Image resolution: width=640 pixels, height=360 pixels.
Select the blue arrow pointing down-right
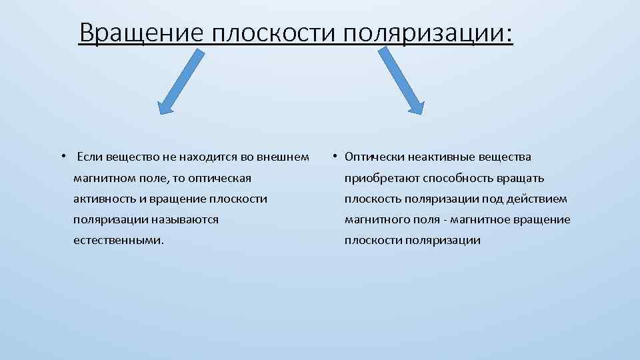tap(401, 81)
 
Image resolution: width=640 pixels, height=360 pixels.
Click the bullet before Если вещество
tap(61, 157)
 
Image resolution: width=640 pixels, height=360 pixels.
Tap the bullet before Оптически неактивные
tap(335, 157)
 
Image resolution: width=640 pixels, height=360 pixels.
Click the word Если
tap(89, 157)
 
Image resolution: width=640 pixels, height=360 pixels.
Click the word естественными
tap(117, 240)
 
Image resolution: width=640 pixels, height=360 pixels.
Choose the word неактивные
tap(431, 157)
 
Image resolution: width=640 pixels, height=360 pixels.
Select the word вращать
tap(524, 178)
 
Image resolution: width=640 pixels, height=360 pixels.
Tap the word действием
tap(539, 199)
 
